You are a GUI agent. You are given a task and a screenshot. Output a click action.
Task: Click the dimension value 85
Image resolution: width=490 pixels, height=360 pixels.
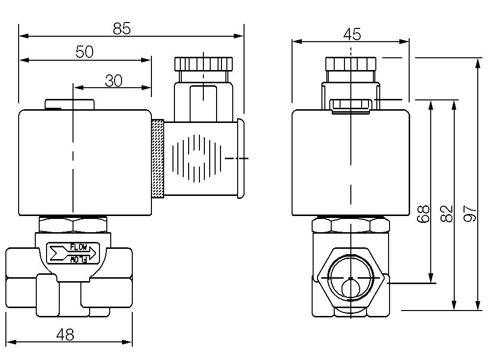[x=122, y=29]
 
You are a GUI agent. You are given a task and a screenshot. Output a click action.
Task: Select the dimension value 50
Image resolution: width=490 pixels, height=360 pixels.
[x=85, y=52]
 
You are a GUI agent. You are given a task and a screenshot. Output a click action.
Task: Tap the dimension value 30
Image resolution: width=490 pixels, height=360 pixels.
[x=113, y=81]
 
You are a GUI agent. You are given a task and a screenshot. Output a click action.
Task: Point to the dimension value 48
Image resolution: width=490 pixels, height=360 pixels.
[x=65, y=335]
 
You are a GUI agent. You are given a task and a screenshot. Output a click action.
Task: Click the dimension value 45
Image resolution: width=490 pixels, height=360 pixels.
[x=352, y=34]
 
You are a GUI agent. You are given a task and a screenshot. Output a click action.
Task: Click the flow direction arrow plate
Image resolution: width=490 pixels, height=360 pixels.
[x=73, y=253]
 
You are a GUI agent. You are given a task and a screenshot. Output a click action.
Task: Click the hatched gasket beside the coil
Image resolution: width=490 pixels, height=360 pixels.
[x=157, y=159]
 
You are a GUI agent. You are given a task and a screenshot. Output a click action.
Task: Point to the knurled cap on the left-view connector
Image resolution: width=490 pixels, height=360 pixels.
[x=203, y=64]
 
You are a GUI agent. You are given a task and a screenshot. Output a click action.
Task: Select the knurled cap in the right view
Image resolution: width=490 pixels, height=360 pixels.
[x=351, y=64]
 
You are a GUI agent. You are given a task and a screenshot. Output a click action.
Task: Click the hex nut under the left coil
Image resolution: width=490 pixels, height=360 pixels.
[x=73, y=225]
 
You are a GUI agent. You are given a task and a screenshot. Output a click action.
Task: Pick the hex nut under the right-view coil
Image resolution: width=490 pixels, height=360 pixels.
[x=351, y=225]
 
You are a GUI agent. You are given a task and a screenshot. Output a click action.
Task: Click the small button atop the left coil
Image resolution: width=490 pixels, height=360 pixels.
[x=69, y=104]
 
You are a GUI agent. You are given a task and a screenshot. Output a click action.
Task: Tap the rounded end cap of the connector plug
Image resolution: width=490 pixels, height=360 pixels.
[x=240, y=158]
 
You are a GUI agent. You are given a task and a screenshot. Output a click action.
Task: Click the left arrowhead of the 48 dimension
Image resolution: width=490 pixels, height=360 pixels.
[x=9, y=342]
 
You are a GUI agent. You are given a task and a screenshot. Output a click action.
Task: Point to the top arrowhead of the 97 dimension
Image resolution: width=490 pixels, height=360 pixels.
[x=478, y=61]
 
